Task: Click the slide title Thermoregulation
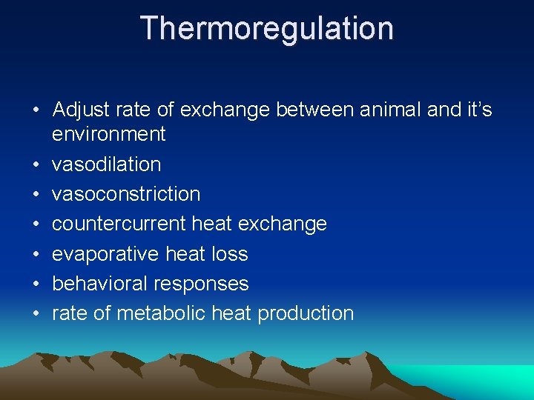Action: pos(267,29)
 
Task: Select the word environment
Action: pos(109,134)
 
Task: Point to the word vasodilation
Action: pos(106,164)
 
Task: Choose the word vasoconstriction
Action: pos(126,194)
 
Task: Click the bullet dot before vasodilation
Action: pos(36,164)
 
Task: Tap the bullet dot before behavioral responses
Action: pos(36,284)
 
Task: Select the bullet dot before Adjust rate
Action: pos(36,111)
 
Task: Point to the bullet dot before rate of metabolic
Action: pos(36,314)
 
